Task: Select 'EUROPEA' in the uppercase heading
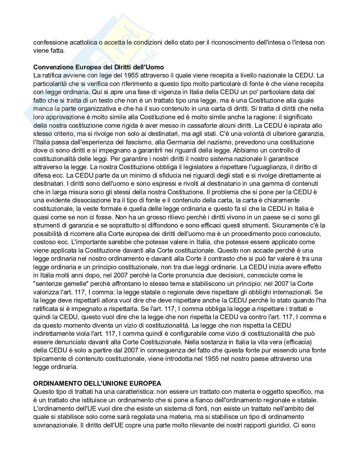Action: click(x=147, y=383)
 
